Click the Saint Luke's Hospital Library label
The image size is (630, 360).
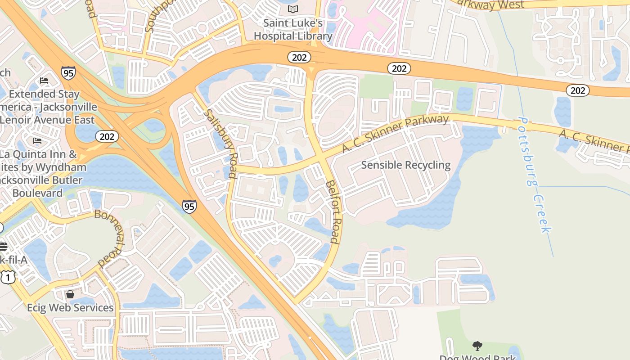pyautogui.click(x=293, y=29)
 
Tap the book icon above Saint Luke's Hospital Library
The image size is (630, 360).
pyautogui.click(x=293, y=9)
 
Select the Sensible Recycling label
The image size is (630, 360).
pyautogui.click(x=405, y=165)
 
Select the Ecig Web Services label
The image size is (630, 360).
pyautogui.click(x=70, y=308)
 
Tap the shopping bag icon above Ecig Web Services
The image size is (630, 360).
pyautogui.click(x=70, y=294)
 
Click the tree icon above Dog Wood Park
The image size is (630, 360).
pyautogui.click(x=477, y=346)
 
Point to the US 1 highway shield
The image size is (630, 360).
pyautogui.click(x=7, y=277)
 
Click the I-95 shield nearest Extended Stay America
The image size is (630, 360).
pyautogui.click(x=68, y=73)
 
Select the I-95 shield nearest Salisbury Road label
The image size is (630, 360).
pyautogui.click(x=189, y=207)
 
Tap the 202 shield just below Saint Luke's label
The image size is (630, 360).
pyautogui.click(x=299, y=57)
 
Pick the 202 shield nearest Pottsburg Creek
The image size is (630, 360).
pyautogui.click(x=577, y=90)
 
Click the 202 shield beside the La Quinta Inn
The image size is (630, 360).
pyautogui.click(x=107, y=136)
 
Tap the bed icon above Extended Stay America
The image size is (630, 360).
pyautogui.click(x=44, y=81)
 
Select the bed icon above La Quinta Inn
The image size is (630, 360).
pyautogui.click(x=37, y=141)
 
